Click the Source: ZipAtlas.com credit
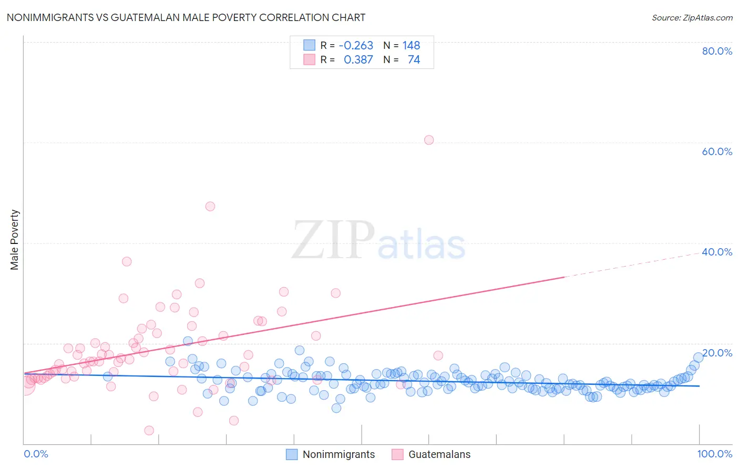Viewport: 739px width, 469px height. tap(692, 17)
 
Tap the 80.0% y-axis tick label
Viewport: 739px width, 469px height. tap(717, 51)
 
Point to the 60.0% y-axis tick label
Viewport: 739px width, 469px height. tap(717, 151)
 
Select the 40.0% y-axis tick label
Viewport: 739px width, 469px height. tap(717, 252)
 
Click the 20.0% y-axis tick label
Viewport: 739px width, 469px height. tap(717, 353)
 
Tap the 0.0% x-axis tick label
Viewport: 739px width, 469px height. tap(36, 454)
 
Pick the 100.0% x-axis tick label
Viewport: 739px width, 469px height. tap(714, 454)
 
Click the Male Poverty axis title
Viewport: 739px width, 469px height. tap(15, 240)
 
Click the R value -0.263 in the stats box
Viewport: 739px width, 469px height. tap(356, 46)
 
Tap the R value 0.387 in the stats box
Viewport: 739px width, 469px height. tap(358, 60)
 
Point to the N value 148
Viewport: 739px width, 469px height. tap(411, 46)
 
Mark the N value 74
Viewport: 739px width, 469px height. tap(414, 60)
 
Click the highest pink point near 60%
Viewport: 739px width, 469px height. tap(429, 140)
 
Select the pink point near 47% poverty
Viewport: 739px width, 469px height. tap(210, 206)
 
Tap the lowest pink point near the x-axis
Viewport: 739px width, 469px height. tap(149, 431)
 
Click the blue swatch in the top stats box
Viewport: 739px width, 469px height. tap(310, 45)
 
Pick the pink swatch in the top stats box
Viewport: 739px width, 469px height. tap(310, 59)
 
